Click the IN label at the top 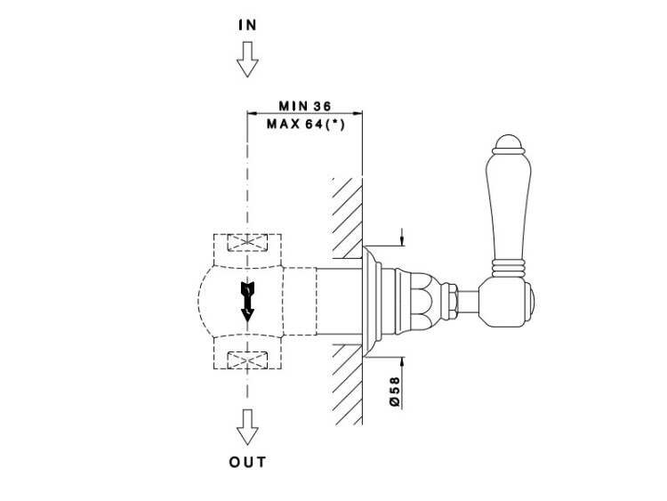[x=247, y=25]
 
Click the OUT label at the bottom [x=247, y=462]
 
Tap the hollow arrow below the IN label [x=247, y=59]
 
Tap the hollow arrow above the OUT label [x=247, y=427]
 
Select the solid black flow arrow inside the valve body [x=247, y=302]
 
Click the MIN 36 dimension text [x=304, y=106]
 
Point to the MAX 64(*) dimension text [x=305, y=125]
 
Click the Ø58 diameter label [x=395, y=392]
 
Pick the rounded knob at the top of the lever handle [x=508, y=144]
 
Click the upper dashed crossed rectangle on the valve [x=247, y=243]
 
